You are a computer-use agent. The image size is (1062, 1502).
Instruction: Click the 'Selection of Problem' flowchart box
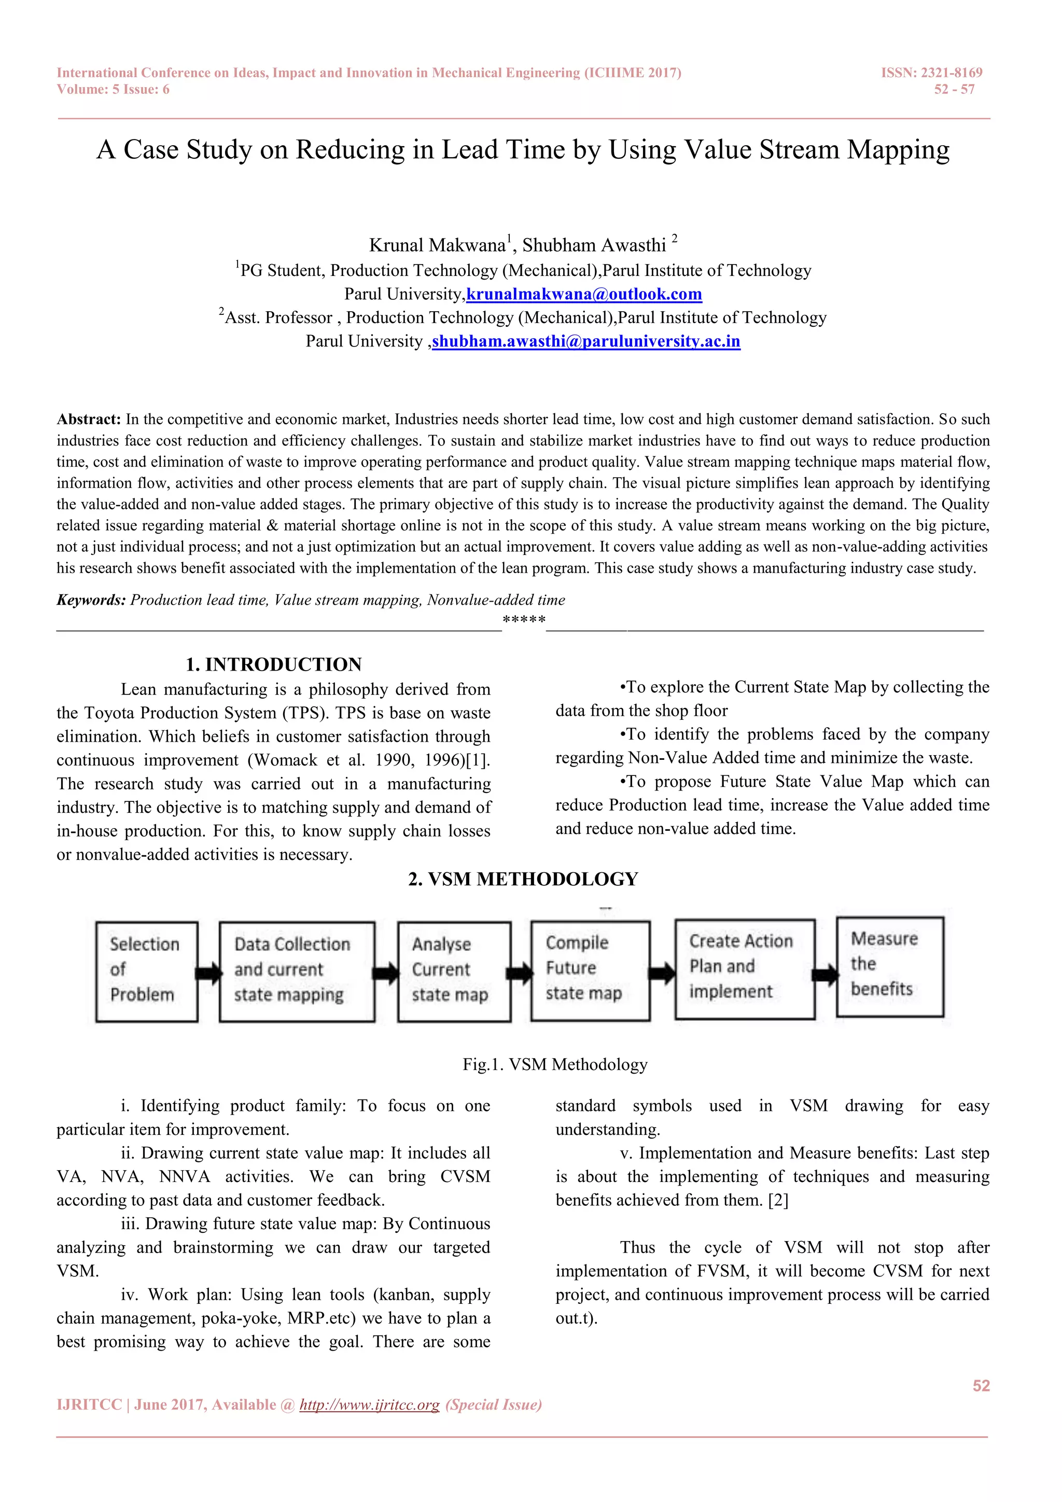(146, 971)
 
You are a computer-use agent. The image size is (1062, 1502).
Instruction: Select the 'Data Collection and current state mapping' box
(297, 971)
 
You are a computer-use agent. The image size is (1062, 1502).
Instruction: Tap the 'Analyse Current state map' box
(454, 971)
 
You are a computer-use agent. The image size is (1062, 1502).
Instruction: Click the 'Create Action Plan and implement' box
(745, 969)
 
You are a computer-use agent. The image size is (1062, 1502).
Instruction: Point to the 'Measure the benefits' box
(889, 966)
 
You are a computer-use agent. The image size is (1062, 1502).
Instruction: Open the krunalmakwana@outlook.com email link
(584, 295)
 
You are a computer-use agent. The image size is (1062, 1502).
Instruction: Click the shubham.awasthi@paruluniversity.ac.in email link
(586, 341)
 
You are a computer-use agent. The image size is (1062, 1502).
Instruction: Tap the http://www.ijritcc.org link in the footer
(370, 1404)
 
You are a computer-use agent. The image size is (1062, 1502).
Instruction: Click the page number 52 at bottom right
(981, 1385)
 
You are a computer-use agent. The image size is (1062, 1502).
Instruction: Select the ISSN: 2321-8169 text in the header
(931, 73)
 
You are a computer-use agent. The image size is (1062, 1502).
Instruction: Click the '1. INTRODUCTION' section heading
(273, 665)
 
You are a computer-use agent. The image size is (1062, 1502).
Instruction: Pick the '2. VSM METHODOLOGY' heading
(523, 879)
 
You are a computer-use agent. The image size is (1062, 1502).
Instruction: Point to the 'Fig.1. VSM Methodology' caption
(554, 1064)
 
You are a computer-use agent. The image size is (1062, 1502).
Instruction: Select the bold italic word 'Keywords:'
(91, 600)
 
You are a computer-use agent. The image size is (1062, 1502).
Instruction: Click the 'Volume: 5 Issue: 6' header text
(113, 90)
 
